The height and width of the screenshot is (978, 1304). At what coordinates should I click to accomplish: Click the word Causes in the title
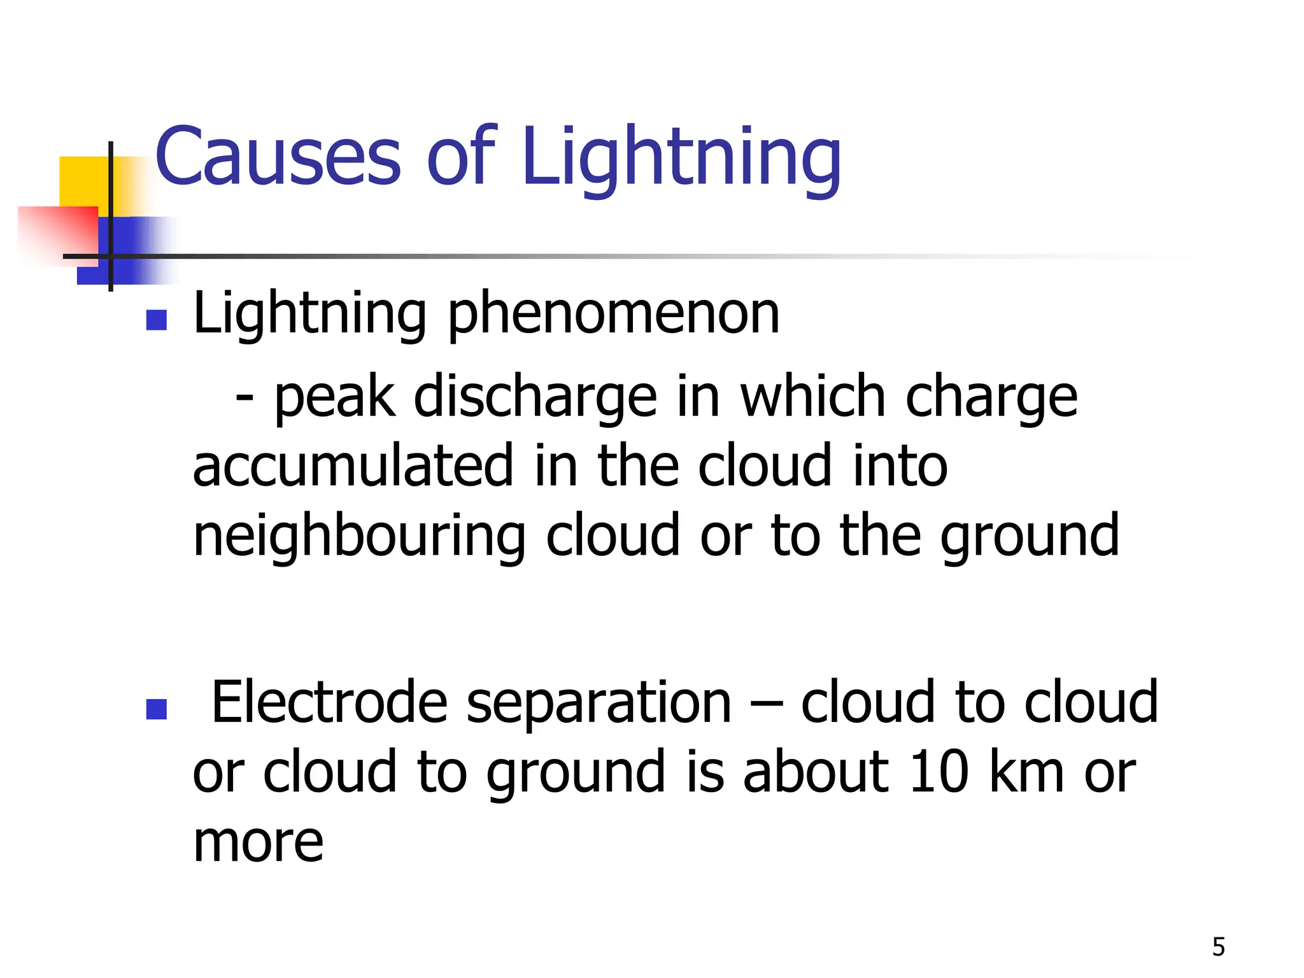(278, 157)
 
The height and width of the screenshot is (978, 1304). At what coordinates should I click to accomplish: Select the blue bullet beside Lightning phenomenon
(156, 320)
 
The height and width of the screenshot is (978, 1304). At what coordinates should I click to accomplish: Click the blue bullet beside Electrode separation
(156, 709)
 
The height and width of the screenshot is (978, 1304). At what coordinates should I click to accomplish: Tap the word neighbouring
(359, 536)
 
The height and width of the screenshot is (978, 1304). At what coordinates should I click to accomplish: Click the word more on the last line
(258, 842)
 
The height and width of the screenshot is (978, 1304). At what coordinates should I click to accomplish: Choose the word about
(816, 772)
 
